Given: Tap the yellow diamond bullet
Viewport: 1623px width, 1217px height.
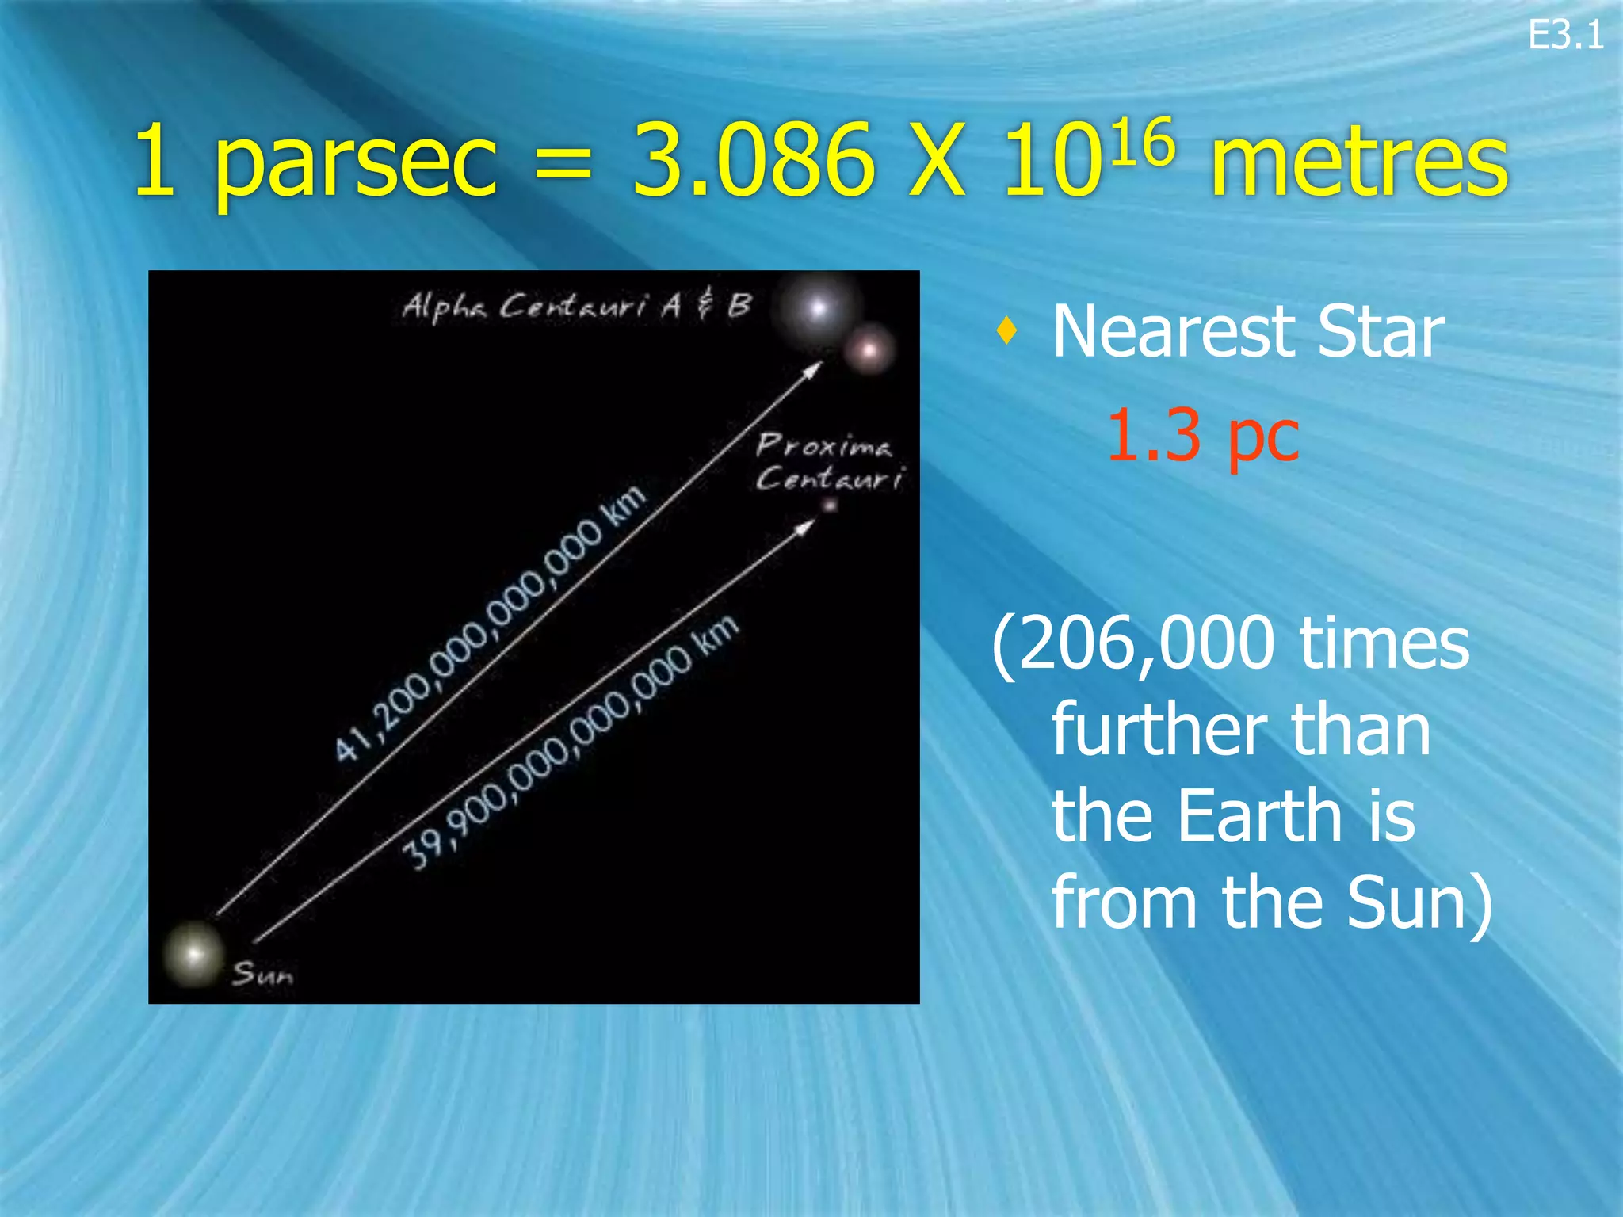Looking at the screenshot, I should pyautogui.click(x=1006, y=330).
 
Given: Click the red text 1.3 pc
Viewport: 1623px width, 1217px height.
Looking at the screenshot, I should pyautogui.click(x=1202, y=435).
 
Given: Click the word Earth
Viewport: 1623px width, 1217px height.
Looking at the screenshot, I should pyautogui.click(x=1260, y=816).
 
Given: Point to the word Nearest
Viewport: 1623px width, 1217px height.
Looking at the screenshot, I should pyautogui.click(x=1173, y=333).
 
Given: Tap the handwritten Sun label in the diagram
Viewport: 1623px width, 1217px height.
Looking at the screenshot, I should pyautogui.click(x=262, y=974).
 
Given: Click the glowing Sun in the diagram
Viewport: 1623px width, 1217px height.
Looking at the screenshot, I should pyautogui.click(x=193, y=953).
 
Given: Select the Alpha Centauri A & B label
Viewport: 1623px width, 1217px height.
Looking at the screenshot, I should pyautogui.click(x=576, y=306).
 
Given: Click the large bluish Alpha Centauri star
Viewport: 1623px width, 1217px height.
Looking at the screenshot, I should pyautogui.click(x=817, y=308).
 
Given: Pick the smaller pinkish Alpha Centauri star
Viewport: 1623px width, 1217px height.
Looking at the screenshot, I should pyautogui.click(x=869, y=349).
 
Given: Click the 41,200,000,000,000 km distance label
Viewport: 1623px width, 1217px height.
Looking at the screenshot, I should pyautogui.click(x=489, y=624).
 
